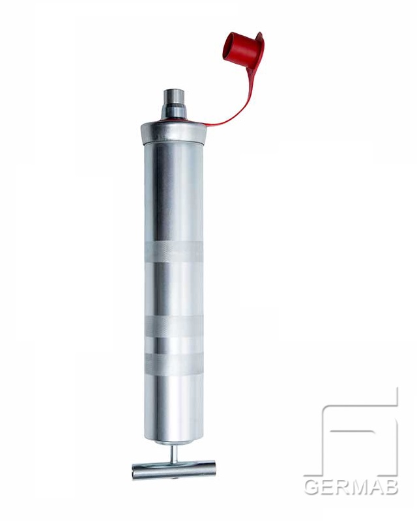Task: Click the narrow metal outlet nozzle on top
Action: click(173, 101)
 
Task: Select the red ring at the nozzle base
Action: click(173, 119)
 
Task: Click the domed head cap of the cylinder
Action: click(175, 132)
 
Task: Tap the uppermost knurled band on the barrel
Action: click(173, 251)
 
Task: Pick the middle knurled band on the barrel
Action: click(173, 326)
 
